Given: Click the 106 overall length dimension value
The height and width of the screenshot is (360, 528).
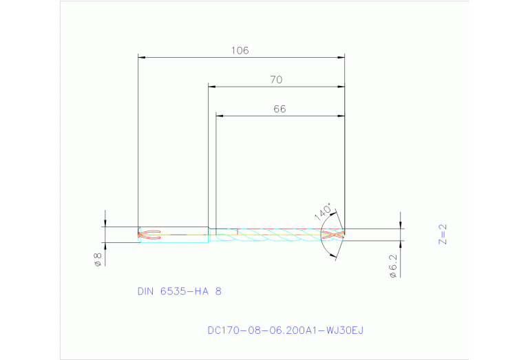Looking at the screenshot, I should pyautogui.click(x=240, y=50).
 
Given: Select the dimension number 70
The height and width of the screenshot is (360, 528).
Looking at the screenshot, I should pyautogui.click(x=275, y=80).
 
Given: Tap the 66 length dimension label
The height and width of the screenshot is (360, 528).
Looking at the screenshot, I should pyautogui.click(x=279, y=109).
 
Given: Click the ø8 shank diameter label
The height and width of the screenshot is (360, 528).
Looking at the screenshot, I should pyautogui.click(x=98, y=260).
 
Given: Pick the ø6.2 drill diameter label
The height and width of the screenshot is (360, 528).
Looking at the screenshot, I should pyautogui.click(x=392, y=265).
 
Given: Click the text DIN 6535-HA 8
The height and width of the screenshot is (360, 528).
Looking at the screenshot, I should pyautogui.click(x=179, y=291).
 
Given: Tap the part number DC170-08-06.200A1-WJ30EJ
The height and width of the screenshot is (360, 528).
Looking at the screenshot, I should pyautogui.click(x=285, y=330).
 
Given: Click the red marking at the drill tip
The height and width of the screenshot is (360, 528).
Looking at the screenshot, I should pyautogui.click(x=333, y=234).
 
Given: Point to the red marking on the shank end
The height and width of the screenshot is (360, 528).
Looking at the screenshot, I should pyautogui.click(x=149, y=235).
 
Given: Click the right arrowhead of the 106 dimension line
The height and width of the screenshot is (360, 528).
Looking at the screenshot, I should pyautogui.click(x=341, y=57).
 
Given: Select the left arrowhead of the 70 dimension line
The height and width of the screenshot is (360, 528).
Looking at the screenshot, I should pyautogui.click(x=213, y=87).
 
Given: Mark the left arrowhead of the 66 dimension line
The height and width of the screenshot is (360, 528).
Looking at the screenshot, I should pyautogui.click(x=220, y=116).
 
